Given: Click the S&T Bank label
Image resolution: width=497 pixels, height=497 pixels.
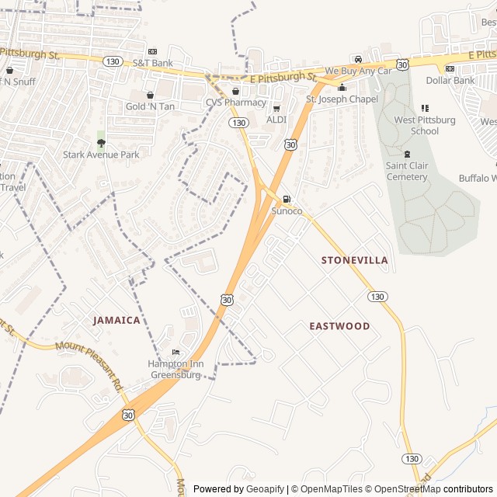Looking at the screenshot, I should pyautogui.click(x=152, y=62).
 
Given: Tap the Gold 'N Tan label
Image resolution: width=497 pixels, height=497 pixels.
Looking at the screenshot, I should pyautogui.click(x=151, y=106).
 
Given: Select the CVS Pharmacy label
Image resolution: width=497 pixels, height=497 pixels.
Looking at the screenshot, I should pyautogui.click(x=235, y=103).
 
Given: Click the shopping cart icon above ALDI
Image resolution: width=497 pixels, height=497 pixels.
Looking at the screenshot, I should pyautogui.click(x=276, y=108).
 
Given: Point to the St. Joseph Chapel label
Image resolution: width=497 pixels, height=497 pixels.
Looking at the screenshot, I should pyautogui.click(x=342, y=99).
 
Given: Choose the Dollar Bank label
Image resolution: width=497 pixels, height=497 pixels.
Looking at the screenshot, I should pyautogui.click(x=450, y=80).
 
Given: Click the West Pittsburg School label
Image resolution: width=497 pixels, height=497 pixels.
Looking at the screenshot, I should pyautogui.click(x=425, y=126).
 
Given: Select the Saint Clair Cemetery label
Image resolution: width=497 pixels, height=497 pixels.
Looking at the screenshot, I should pyautogui.click(x=407, y=172).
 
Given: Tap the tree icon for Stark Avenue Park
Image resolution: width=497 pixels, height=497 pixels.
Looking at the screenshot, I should pyautogui.click(x=101, y=142).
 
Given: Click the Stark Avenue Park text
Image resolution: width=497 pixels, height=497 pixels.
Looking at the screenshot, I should pyautogui.click(x=101, y=155).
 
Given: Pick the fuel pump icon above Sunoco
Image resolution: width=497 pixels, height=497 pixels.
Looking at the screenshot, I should pyautogui.click(x=287, y=199).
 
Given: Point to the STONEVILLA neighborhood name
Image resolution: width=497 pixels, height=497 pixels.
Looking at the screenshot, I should pyautogui.click(x=354, y=260).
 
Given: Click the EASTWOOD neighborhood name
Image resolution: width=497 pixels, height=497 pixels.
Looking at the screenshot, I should pyautogui.click(x=339, y=326).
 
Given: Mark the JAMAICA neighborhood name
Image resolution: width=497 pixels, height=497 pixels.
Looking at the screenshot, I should pyautogui.click(x=116, y=320).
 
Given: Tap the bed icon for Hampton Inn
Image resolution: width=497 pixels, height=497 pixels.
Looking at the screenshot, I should pyautogui.click(x=175, y=353).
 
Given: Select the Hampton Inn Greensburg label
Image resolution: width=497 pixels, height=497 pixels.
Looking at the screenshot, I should pyautogui.click(x=175, y=369).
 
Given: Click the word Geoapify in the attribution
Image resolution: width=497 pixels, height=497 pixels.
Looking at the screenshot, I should pyautogui.click(x=265, y=489).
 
